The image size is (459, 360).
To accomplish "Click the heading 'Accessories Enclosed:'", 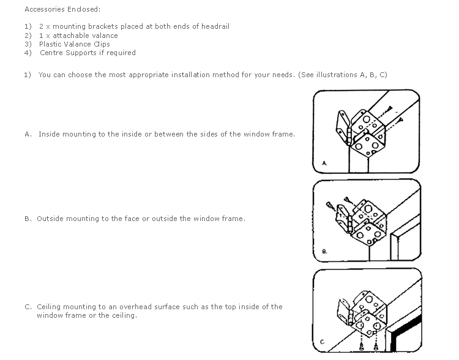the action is click(x=62, y=9).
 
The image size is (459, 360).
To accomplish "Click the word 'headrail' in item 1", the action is click(x=215, y=26).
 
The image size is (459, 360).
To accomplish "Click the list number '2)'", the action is click(x=28, y=36).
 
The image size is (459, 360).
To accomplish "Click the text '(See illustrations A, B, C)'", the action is click(x=343, y=75).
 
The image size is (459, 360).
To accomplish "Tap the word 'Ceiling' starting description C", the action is click(x=49, y=307).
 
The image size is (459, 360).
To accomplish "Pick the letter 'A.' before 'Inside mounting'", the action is click(x=28, y=134).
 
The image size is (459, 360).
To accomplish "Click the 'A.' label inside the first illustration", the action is click(x=324, y=163).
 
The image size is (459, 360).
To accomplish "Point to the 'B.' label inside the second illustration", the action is click(x=324, y=251).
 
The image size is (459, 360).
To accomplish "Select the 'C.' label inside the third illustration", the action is click(x=323, y=342).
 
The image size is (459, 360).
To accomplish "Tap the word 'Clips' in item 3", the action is click(x=102, y=44).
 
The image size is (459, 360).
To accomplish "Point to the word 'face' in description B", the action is click(x=132, y=219).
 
